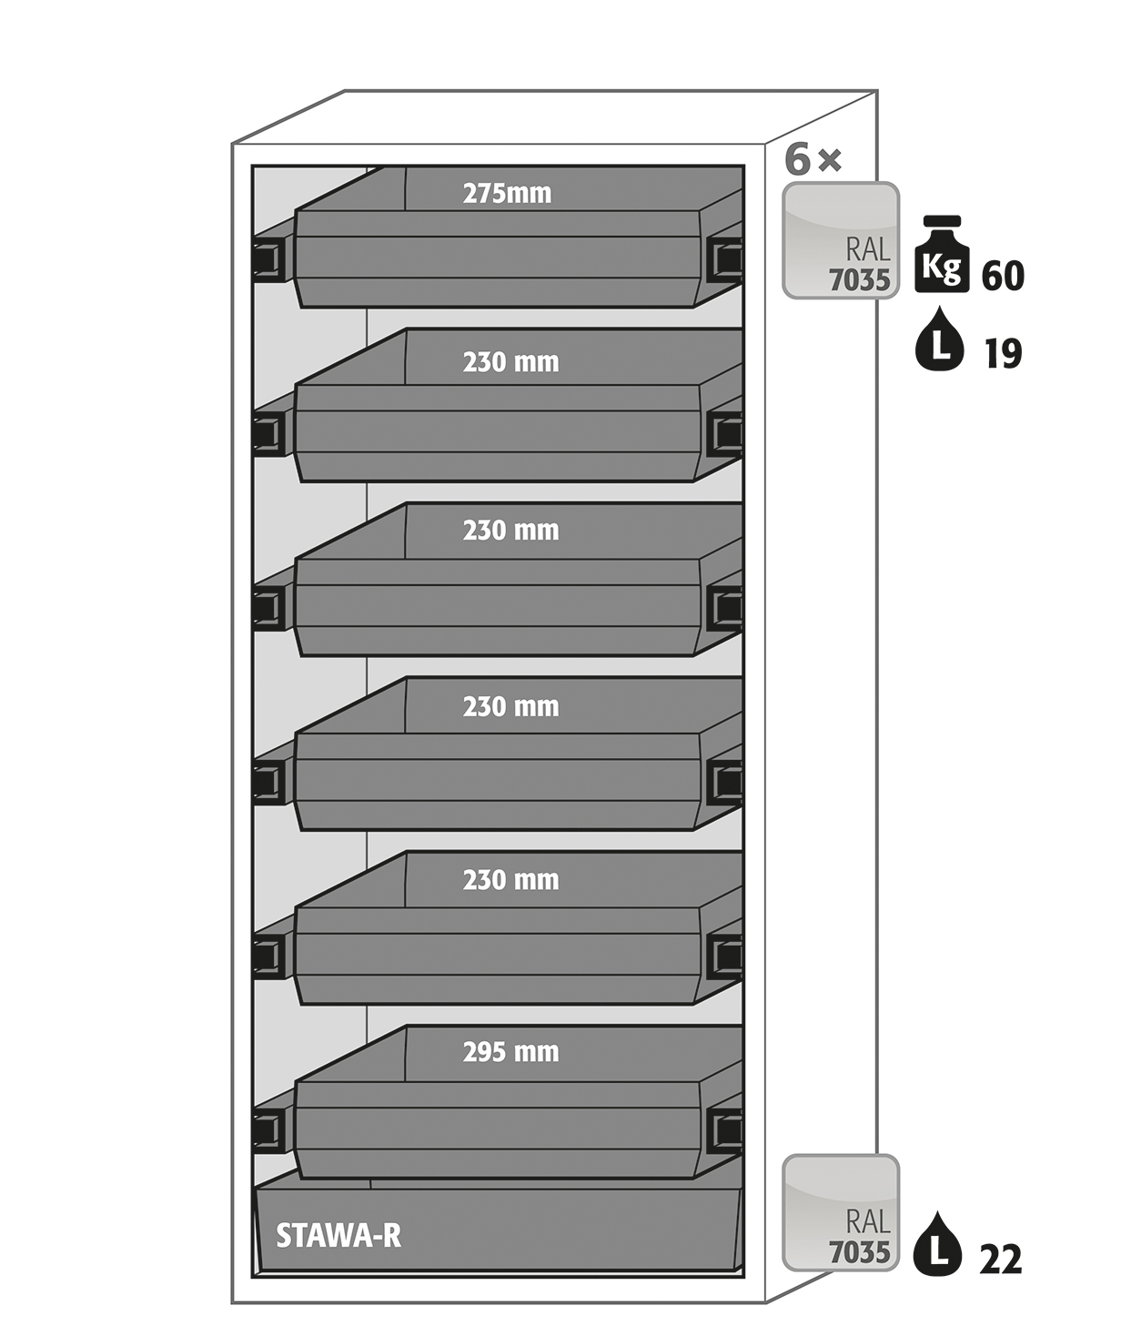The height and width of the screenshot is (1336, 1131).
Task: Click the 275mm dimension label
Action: (507, 193)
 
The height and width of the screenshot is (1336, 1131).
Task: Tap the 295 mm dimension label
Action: (510, 1052)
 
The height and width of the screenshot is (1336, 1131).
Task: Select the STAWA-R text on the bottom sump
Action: (338, 1236)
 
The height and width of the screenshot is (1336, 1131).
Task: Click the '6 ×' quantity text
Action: (813, 159)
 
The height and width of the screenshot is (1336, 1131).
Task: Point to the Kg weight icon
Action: (942, 254)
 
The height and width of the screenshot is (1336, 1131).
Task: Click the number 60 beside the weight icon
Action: (1003, 276)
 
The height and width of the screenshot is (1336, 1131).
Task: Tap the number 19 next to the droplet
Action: (1003, 353)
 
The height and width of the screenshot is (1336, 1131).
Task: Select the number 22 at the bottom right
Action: (1001, 1260)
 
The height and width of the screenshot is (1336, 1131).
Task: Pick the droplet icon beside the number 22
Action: (938, 1244)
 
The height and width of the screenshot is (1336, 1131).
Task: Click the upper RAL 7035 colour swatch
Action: (841, 240)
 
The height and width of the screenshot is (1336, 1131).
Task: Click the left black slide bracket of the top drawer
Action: (268, 258)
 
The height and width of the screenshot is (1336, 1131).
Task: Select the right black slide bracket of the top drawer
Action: (725, 259)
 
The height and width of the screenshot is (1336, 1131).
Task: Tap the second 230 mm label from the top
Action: (510, 530)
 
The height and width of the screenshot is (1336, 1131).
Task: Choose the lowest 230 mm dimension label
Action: (510, 880)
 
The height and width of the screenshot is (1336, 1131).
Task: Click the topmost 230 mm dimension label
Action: (510, 362)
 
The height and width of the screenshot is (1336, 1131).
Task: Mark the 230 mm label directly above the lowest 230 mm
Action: (510, 706)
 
